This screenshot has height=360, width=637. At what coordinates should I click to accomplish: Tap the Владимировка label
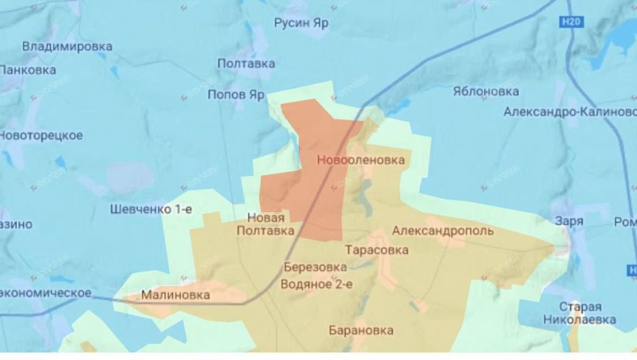point(67,47)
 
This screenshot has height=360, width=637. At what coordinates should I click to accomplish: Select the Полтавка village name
point(246,64)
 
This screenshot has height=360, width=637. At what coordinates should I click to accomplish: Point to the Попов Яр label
point(236,94)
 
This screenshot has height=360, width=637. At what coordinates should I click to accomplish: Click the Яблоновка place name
point(485,91)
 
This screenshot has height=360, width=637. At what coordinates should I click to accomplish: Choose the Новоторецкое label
point(41,136)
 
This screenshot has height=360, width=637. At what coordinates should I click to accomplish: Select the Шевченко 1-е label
point(150,209)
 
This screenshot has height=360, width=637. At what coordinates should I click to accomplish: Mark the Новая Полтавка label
point(266,225)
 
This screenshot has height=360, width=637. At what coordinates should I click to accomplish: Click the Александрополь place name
point(443,231)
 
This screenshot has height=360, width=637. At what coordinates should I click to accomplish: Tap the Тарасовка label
point(376,250)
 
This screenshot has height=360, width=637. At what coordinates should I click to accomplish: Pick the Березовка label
point(315,267)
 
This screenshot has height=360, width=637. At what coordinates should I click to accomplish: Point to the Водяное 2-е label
point(317,285)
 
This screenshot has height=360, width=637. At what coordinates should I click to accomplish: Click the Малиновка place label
point(175,296)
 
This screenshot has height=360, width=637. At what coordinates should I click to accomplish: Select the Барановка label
point(361,331)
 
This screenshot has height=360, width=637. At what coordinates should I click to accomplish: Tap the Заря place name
point(569,221)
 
